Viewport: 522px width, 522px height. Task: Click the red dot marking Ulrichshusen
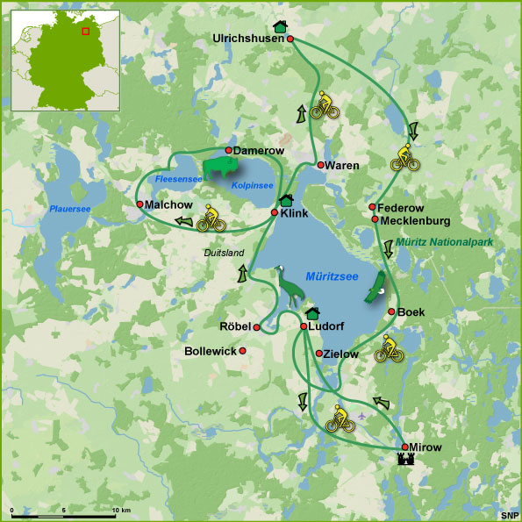(290, 39)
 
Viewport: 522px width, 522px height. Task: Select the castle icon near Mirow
(405, 460)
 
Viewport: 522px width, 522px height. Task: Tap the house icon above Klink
(285, 200)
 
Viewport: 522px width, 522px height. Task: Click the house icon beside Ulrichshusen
(280, 25)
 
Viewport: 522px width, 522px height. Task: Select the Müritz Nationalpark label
(444, 241)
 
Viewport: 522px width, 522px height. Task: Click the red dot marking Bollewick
(242, 351)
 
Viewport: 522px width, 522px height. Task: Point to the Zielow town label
(341, 354)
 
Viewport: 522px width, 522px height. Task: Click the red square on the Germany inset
(84, 31)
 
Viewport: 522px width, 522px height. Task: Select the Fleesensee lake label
(178, 179)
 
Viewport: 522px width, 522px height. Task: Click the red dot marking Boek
(391, 311)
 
